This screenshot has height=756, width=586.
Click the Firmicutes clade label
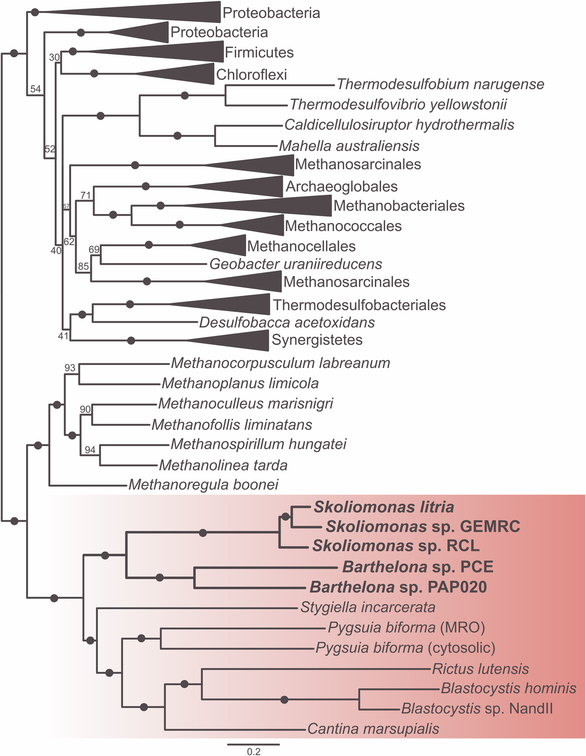coord(259,53)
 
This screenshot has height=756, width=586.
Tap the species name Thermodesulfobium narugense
coord(440,84)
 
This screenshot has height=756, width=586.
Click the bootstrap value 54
coord(36,89)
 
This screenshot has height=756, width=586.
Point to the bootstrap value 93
coord(70,368)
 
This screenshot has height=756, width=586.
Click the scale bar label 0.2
coord(253,751)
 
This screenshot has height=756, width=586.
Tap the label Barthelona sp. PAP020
coord(398,587)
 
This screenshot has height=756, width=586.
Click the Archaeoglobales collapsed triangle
coord(252,187)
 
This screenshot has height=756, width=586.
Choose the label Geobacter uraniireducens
coord(296,264)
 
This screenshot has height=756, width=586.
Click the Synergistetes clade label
coord(317,340)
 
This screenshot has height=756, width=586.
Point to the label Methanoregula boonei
coord(203,484)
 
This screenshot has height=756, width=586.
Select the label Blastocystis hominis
coord(508,688)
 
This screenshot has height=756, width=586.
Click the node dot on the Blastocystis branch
coord(284,700)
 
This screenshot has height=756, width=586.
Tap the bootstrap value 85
coord(83,266)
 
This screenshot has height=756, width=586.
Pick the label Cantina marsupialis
coord(373,729)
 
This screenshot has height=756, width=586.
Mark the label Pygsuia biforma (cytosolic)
coord(405,648)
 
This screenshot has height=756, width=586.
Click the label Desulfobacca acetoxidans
coord(287,322)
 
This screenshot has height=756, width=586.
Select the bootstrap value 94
coord(90,450)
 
